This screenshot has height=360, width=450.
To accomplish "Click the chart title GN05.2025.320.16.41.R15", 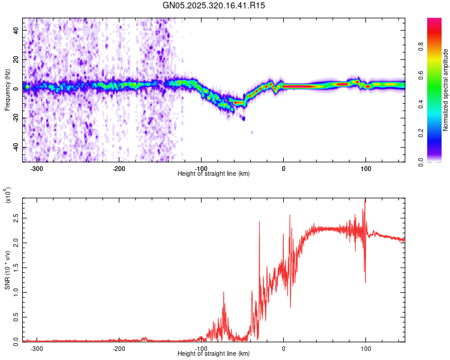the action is (x=214, y=5).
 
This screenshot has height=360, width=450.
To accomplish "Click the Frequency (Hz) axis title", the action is (x=7, y=90).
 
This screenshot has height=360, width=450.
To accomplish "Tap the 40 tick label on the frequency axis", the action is (x=16, y=31).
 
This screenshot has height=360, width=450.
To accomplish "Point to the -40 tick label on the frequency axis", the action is (x=16, y=148).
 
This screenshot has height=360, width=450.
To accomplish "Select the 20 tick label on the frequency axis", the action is (x=16, y=60).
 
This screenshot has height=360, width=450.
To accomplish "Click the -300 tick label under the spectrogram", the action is (x=37, y=169).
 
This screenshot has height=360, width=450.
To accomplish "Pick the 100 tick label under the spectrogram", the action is (x=365, y=169).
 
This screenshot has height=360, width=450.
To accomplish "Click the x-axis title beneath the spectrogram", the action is (x=214, y=173).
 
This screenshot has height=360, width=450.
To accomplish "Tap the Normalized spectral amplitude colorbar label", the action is (x=445, y=90).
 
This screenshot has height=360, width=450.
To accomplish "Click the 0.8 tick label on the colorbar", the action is (x=421, y=46).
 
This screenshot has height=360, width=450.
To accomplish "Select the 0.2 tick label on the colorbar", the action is (x=421, y=133).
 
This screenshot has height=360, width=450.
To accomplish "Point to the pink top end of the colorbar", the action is (x=434, y=20).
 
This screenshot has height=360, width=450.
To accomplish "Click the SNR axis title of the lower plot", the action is (x=7, y=270).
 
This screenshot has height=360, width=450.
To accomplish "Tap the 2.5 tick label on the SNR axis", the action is (x=16, y=218).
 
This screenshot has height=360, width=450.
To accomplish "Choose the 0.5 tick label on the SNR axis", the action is (x=16, y=317).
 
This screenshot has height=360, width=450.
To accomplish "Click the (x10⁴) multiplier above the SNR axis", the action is (x=8, y=195).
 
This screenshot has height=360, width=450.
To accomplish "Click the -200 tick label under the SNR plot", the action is (x=119, y=349).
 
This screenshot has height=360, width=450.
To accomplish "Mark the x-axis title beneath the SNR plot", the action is (x=214, y=353).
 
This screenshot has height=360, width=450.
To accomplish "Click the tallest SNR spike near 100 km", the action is (x=365, y=199).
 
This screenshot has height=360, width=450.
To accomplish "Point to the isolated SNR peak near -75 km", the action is (x=224, y=292).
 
